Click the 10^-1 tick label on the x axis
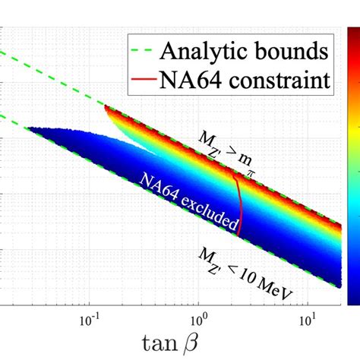[90, 314]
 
